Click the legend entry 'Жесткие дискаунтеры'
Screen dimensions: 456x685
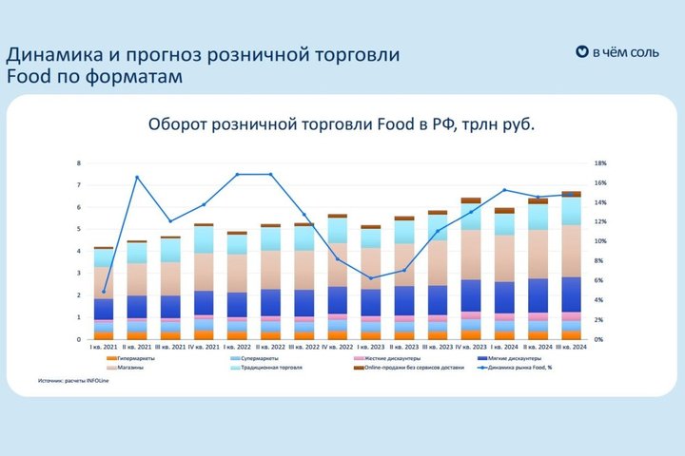[390, 359]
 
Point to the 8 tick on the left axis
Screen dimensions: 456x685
[80, 163]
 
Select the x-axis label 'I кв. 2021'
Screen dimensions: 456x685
[104, 347]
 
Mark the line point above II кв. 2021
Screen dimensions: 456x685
[137, 178]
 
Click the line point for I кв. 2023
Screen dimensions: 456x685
[370, 278]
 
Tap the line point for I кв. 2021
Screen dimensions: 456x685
[104, 292]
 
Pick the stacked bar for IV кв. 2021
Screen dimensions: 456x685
[204, 282]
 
